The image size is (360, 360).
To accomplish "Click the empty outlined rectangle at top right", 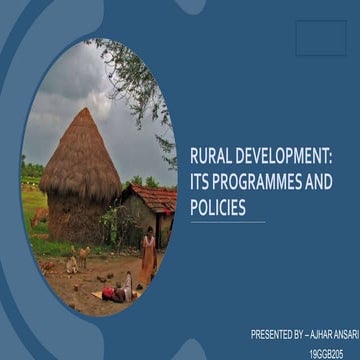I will (x=321, y=38).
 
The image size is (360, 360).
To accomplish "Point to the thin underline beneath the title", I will (x=227, y=222).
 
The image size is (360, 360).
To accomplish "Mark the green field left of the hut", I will (x=33, y=200).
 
